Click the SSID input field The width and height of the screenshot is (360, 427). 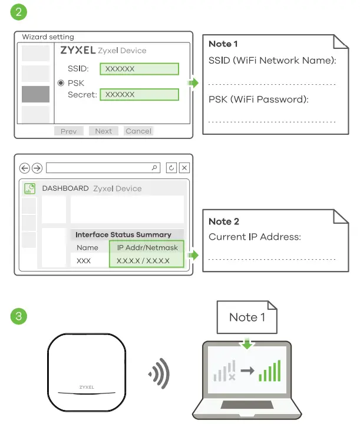(x=139, y=69)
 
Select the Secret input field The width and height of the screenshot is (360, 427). (x=139, y=94)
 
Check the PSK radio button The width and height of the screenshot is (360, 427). (x=61, y=83)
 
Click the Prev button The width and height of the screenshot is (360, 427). (x=68, y=131)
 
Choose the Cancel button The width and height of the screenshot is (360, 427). (x=138, y=131)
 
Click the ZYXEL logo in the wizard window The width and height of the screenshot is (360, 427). (x=78, y=51)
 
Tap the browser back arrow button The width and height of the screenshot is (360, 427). (x=24, y=168)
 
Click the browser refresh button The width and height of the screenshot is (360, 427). (x=171, y=168)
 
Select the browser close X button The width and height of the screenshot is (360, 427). (x=184, y=168)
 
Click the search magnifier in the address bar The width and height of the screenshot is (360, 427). (x=155, y=168)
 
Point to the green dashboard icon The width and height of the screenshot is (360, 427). (x=29, y=188)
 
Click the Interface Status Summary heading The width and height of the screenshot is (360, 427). (x=123, y=234)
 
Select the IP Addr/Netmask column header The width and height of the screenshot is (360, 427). (x=147, y=247)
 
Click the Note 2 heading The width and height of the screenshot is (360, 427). (x=224, y=221)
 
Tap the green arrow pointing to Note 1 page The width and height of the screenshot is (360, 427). (x=193, y=83)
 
